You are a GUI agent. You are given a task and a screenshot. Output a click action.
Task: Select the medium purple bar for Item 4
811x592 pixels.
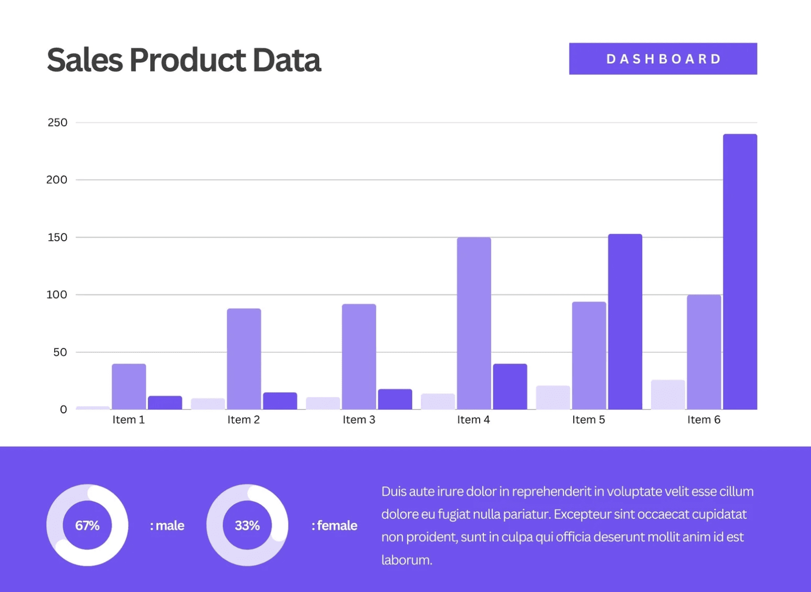[473, 323]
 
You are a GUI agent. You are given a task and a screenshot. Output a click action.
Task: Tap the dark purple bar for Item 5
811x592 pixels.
[625, 321]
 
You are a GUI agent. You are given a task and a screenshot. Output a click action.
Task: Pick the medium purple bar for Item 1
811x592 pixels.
[129, 386]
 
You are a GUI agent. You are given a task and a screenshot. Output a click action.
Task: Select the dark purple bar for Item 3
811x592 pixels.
[394, 399]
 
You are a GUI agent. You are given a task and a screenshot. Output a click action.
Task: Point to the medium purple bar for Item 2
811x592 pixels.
[244, 359]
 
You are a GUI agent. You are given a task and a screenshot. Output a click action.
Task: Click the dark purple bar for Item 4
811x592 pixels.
[510, 386]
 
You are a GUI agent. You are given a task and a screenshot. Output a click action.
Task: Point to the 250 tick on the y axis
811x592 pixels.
[57, 123]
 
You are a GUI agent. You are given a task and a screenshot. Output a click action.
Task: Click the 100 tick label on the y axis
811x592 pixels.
[57, 295]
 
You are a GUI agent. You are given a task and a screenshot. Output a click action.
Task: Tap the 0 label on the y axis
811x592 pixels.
[63, 410]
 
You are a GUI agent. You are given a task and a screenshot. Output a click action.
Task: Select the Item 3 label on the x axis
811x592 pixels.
[359, 420]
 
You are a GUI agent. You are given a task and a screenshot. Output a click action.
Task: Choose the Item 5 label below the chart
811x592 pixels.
[589, 420]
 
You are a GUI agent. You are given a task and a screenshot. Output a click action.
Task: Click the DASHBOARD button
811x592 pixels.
[663, 59]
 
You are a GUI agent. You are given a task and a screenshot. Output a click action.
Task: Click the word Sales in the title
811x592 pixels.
[85, 60]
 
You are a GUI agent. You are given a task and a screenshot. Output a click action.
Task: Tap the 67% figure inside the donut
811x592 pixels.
[87, 525]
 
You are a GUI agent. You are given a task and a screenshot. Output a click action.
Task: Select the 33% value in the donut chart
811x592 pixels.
[247, 525]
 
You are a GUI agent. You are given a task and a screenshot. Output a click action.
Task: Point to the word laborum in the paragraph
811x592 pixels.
[406, 560]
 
